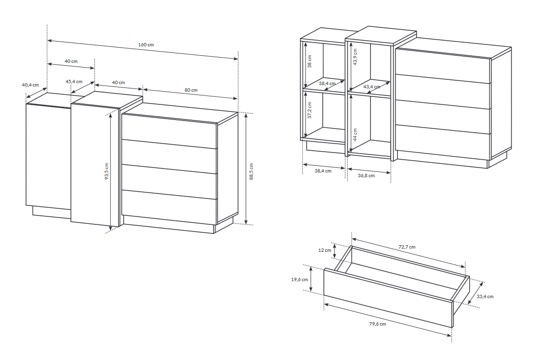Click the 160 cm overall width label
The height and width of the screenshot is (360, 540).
(146, 45)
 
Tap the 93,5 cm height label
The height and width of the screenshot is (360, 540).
(107, 171)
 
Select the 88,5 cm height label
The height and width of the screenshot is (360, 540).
(251, 171)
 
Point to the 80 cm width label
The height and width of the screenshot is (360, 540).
(191, 90)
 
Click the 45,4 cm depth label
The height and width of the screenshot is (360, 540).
(74, 82)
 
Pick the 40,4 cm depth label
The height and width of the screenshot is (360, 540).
(30, 85)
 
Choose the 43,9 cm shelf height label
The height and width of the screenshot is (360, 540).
(355, 57)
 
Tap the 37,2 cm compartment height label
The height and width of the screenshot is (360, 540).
(309, 110)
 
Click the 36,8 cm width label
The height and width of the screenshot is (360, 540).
(366, 176)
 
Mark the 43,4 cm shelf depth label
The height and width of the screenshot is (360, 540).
(372, 87)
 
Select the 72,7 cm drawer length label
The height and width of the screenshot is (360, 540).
(407, 247)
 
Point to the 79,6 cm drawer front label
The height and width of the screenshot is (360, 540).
(377, 324)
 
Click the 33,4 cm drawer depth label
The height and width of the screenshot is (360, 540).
(485, 296)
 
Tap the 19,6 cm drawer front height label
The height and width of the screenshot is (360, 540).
(300, 279)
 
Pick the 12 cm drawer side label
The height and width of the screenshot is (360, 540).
(325, 250)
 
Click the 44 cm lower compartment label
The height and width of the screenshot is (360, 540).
(355, 134)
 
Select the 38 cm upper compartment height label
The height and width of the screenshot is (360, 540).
(309, 61)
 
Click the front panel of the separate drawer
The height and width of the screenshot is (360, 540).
(388, 298)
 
